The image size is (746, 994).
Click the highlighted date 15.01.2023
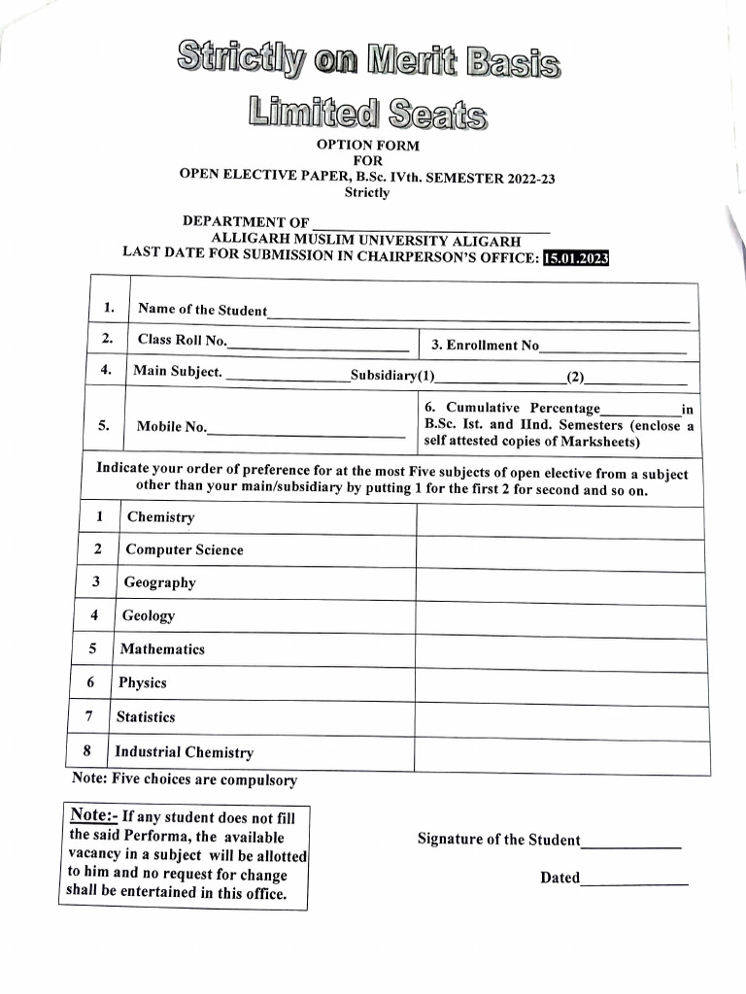click(x=575, y=258)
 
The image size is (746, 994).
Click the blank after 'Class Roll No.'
click(x=318, y=344)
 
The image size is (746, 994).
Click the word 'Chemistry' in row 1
click(x=160, y=517)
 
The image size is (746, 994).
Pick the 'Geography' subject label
click(x=159, y=582)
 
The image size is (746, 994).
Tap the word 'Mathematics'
click(x=162, y=649)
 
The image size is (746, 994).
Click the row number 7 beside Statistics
click(x=89, y=717)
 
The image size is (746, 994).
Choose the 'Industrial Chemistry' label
click(x=184, y=752)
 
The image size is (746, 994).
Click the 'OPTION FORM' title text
click(x=367, y=146)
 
